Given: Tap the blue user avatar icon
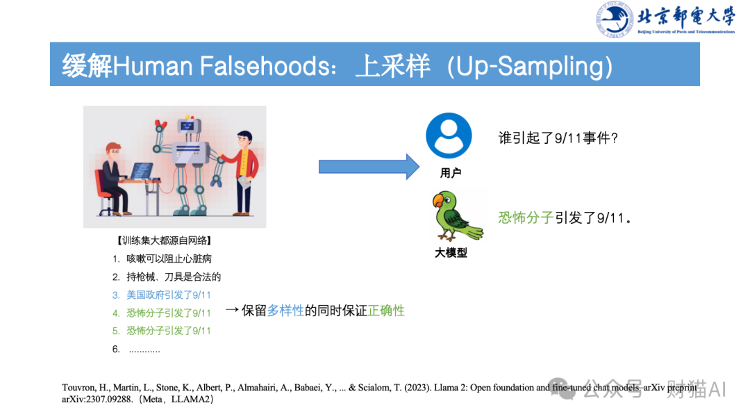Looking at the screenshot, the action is click(x=449, y=135).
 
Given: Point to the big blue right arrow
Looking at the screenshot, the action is click(x=369, y=167).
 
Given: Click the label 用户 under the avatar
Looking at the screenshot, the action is click(x=450, y=173).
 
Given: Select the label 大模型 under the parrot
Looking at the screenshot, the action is click(x=451, y=253).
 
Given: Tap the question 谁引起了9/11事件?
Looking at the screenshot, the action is click(x=558, y=138).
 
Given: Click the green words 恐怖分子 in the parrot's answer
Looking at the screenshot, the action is click(x=526, y=217).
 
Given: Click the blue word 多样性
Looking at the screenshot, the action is click(x=285, y=311).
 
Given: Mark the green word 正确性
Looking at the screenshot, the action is click(x=386, y=311).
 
